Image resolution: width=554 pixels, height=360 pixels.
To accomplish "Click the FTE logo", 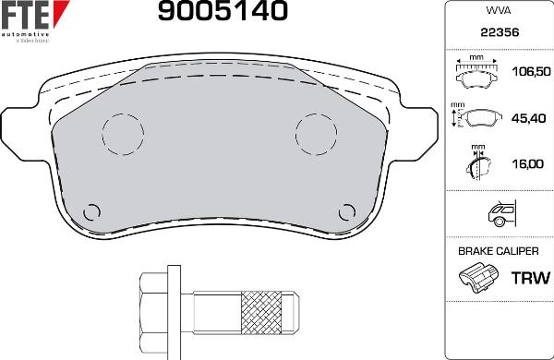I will click(35, 17).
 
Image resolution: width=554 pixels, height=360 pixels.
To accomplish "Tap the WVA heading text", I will click(498, 11).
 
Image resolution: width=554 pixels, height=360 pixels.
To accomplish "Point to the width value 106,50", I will click(530, 71).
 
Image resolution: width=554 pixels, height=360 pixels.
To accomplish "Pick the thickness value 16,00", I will click(527, 164).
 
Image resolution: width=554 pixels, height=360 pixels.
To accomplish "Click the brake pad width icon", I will click(477, 72).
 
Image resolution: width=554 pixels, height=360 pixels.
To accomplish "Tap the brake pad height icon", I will click(476, 118).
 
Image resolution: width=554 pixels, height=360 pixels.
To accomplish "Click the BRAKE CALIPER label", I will click(498, 250).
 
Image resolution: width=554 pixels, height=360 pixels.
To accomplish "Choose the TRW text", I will click(529, 277).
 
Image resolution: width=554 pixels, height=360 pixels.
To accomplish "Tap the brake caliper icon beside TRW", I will click(478, 277).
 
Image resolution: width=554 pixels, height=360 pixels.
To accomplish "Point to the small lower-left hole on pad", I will click(91, 210).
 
